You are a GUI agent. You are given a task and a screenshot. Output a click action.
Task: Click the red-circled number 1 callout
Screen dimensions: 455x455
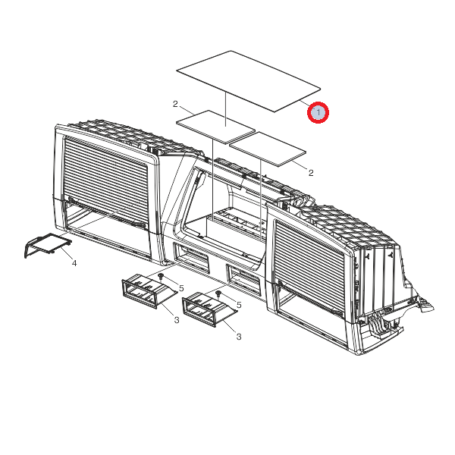pos(318,112)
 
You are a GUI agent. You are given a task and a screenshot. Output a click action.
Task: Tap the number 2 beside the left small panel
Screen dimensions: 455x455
pos(175,104)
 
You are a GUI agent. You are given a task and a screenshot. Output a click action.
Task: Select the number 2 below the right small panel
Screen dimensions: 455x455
pos(311,173)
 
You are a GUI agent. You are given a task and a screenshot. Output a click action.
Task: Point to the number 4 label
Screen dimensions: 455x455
pos(74,263)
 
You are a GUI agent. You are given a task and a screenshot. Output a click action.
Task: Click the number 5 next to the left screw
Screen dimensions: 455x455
pos(181,288)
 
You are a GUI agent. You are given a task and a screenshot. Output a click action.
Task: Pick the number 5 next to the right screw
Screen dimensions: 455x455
pos(239,305)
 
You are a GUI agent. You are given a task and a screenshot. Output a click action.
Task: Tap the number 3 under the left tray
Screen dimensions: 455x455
pos(177,320)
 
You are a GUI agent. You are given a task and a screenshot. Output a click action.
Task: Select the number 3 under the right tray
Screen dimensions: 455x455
pos(239,337)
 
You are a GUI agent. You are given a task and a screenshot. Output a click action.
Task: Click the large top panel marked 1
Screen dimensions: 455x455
pos(249,81)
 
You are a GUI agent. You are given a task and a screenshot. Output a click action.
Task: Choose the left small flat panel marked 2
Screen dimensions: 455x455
pos(215,127)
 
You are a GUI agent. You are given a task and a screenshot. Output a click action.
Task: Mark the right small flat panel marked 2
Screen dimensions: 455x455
pos(268,149)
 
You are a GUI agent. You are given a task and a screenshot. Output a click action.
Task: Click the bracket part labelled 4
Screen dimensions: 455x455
pos(48,245)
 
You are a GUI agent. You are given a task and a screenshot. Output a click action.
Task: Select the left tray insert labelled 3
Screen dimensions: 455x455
pos(149,290)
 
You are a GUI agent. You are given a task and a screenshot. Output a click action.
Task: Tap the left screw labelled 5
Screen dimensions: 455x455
pos(162,276)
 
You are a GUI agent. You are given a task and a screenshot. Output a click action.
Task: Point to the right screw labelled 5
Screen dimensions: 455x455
pos(219,293)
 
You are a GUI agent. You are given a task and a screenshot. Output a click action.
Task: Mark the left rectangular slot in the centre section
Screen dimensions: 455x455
pos(191,258)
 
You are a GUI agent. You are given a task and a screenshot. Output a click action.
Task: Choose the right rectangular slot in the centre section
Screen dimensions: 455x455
pos(243,278)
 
